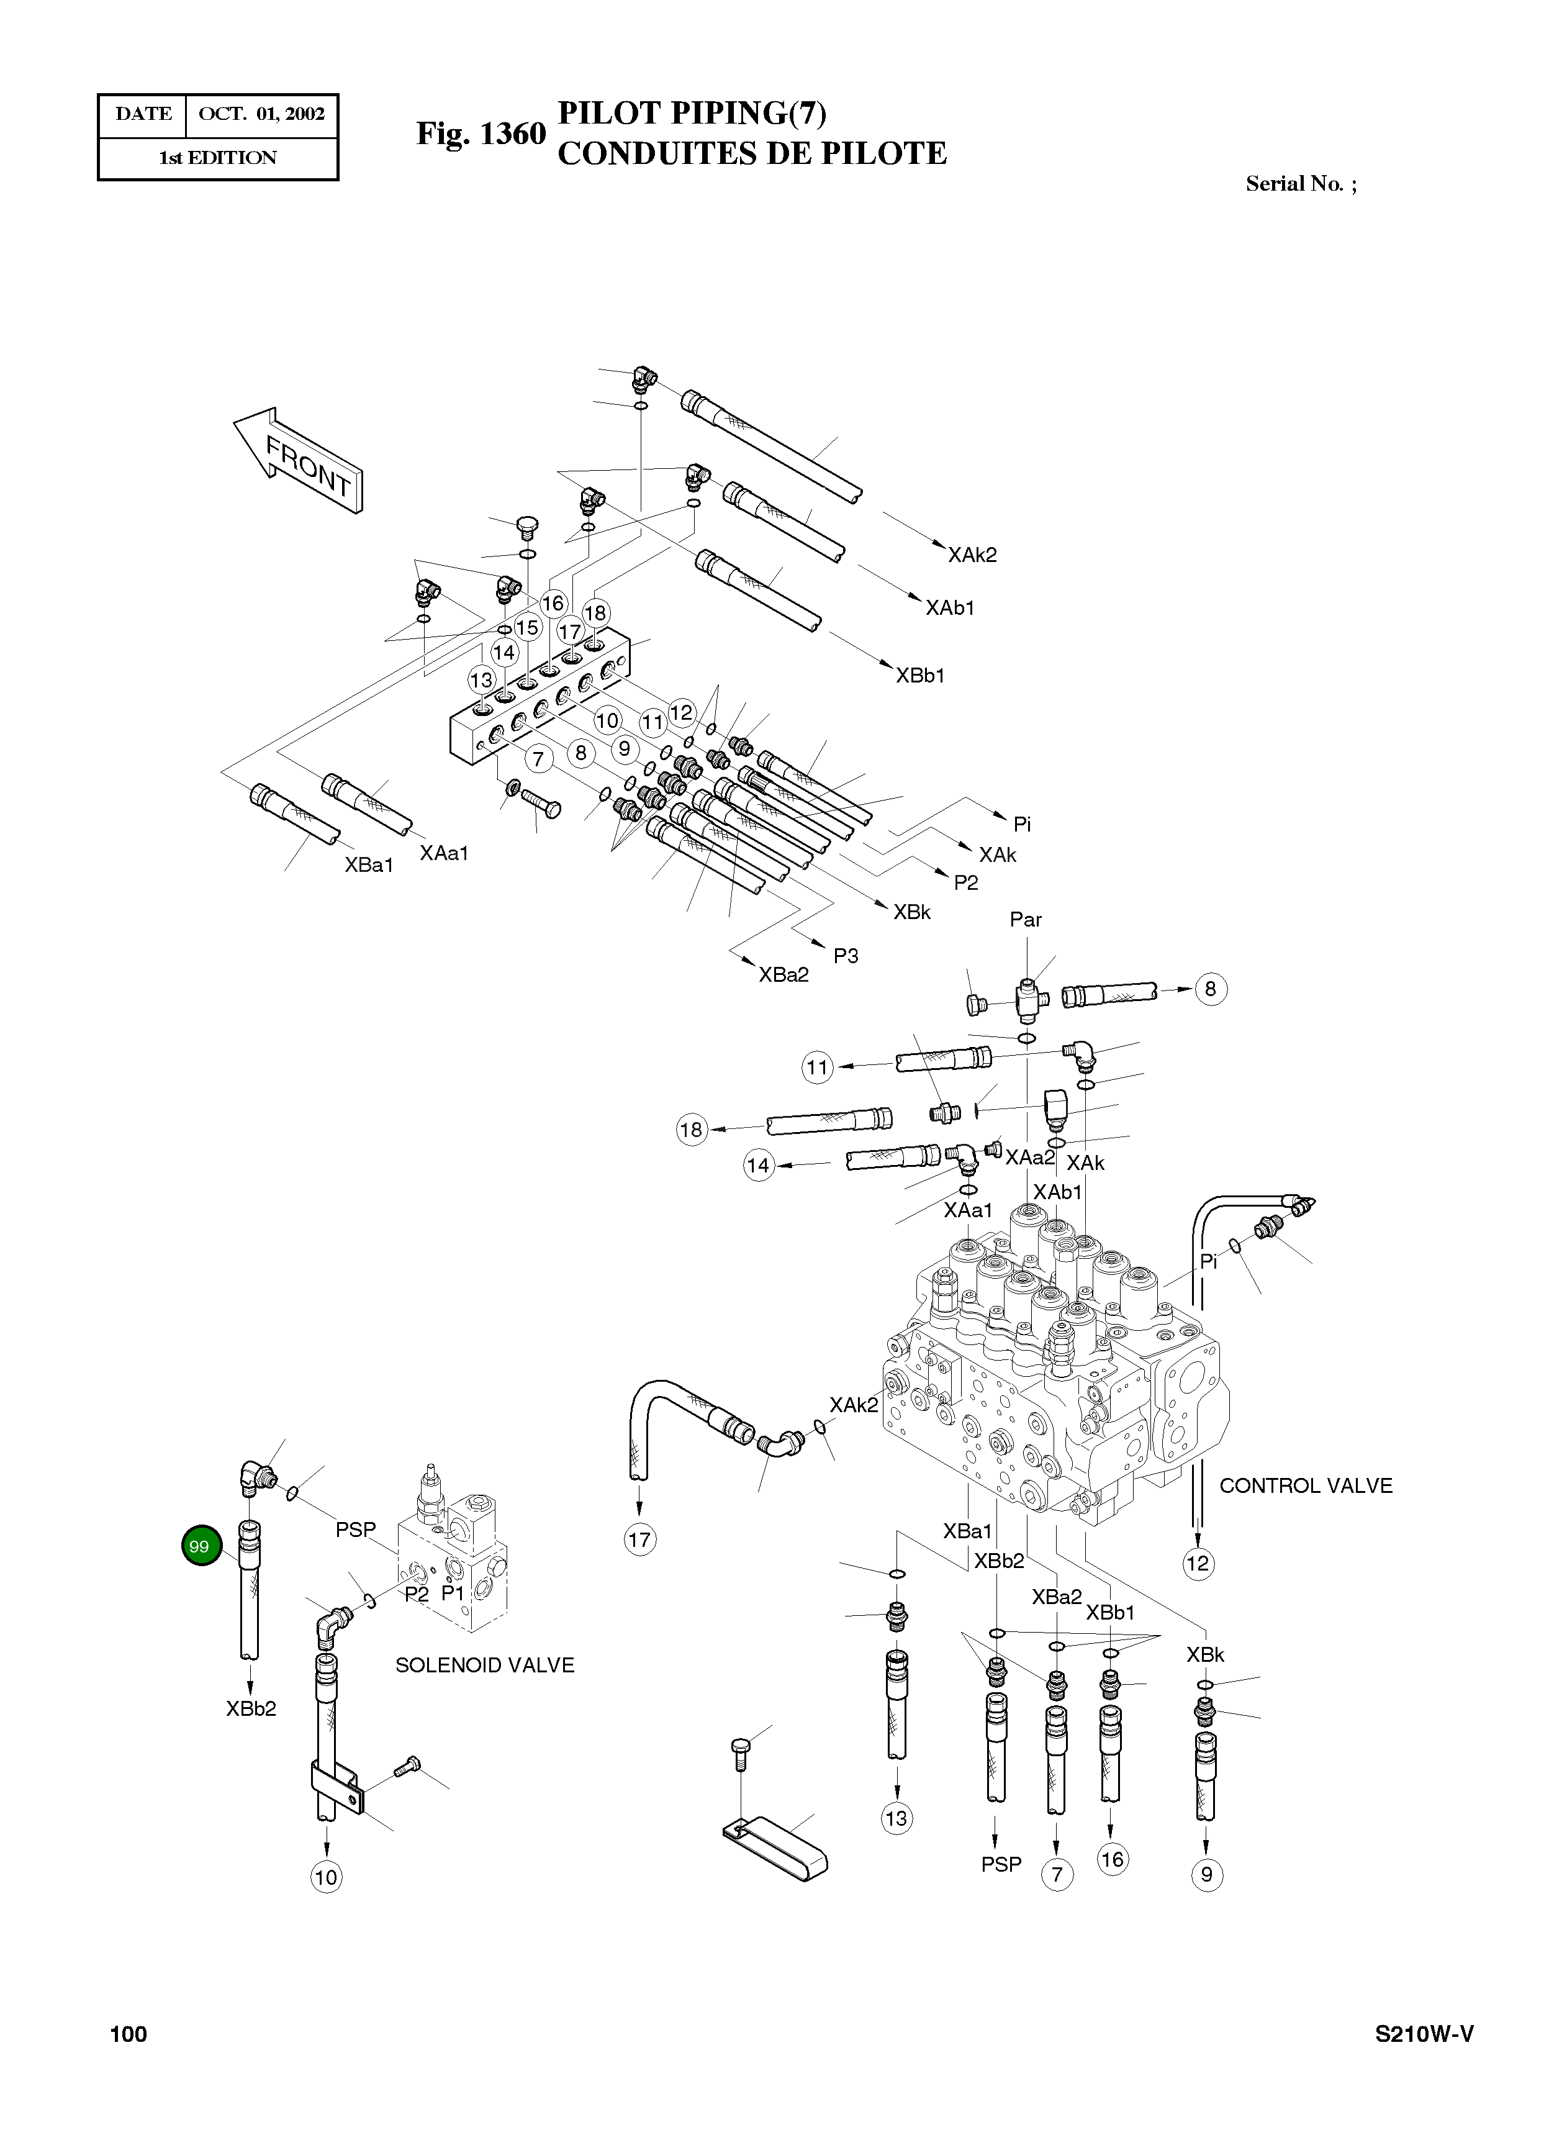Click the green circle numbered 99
click(199, 1547)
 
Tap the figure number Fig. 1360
click(481, 134)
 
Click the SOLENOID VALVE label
click(485, 1666)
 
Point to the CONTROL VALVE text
click(1305, 1486)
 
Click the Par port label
click(1026, 920)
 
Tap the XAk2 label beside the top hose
click(972, 555)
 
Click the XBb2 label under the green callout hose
click(251, 1709)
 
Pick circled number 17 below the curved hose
click(639, 1539)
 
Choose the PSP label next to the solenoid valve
click(356, 1530)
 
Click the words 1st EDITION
click(217, 158)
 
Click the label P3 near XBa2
click(845, 956)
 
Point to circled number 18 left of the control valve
click(692, 1129)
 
